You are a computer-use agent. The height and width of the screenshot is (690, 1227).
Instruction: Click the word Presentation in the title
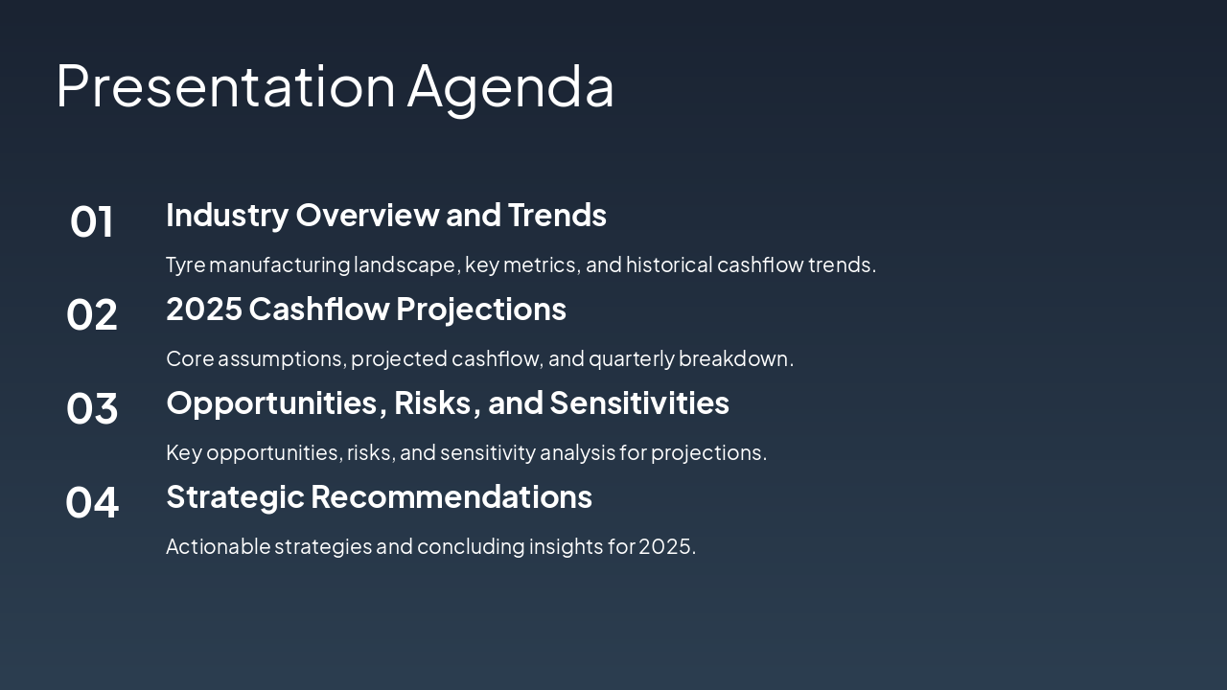point(225,86)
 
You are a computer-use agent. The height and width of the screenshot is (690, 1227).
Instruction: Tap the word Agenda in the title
point(511,90)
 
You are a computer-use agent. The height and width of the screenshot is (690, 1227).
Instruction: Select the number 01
point(91,221)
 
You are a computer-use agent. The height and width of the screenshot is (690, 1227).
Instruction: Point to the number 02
point(91,314)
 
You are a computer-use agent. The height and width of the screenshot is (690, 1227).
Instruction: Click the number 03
point(91,408)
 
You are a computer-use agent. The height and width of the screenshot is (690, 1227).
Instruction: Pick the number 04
point(91,502)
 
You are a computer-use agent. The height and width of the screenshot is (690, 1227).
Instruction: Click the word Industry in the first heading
point(227,216)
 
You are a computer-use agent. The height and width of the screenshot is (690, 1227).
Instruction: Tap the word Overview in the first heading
point(367,215)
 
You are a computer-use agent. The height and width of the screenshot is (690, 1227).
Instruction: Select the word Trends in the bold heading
point(557,215)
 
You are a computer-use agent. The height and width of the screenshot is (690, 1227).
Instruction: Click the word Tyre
point(186,265)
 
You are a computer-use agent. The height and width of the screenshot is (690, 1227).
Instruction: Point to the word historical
point(669,264)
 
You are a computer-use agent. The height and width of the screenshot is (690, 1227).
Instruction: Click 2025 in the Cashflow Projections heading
point(204,309)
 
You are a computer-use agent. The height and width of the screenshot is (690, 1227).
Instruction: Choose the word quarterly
point(632,359)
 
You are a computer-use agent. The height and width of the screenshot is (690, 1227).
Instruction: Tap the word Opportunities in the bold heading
point(271,404)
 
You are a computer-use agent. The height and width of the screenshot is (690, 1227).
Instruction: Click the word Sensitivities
point(639,403)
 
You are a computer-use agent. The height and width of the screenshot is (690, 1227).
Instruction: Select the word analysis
point(578,453)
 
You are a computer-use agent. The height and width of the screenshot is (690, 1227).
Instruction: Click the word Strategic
point(235,497)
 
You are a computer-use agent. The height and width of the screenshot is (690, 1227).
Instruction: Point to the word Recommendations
point(451,496)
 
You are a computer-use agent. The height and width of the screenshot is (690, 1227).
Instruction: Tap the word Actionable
point(218,546)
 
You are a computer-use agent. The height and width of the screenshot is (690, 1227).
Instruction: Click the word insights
point(566,547)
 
